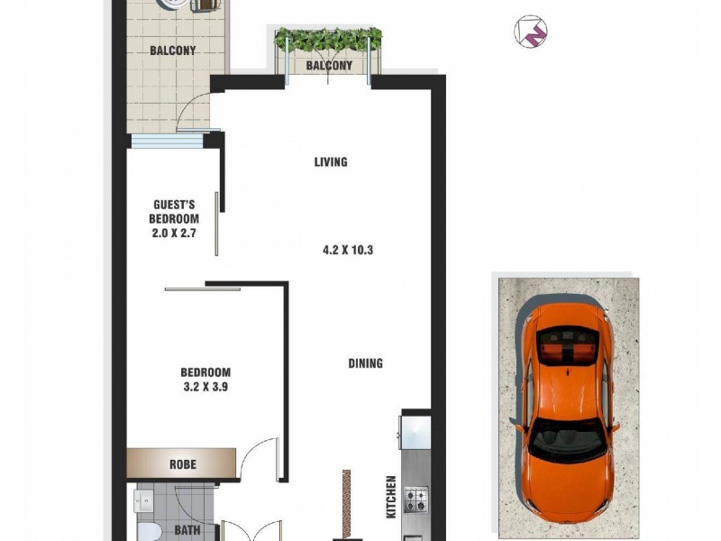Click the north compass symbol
tap(531, 32)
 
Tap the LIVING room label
tap(331, 162)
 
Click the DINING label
tap(366, 363)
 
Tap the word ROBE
tap(183, 464)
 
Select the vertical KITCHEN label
tap(391, 496)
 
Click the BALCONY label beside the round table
tap(172, 50)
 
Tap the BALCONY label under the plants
tap(329, 67)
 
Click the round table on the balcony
tap(175, 5)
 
